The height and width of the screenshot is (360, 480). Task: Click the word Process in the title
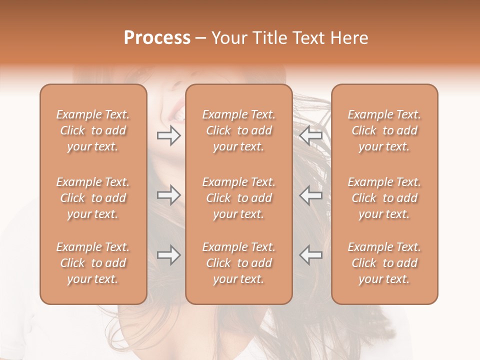[x=157, y=37]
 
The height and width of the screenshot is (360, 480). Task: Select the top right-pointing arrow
[x=168, y=136]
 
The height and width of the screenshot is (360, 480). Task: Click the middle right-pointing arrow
[x=168, y=195]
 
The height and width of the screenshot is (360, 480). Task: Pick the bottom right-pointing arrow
[x=168, y=255]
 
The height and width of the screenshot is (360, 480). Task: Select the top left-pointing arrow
[x=311, y=136]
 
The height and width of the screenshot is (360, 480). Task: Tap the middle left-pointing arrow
[x=311, y=195]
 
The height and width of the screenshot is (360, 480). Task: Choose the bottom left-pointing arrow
[x=311, y=255]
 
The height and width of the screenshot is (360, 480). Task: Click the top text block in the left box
[x=93, y=130]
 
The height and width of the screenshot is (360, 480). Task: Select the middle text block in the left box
[x=93, y=198]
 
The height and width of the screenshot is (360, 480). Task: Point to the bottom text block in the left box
[x=93, y=263]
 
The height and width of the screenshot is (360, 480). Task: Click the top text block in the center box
[x=239, y=130]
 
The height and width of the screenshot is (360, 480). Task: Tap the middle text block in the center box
[x=239, y=198]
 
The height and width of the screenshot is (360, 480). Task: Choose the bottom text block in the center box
[x=239, y=263]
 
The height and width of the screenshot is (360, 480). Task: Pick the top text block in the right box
[x=384, y=130]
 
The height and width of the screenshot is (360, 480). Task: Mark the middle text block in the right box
[x=384, y=198]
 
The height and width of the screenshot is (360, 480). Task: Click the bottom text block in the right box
[x=384, y=263]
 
